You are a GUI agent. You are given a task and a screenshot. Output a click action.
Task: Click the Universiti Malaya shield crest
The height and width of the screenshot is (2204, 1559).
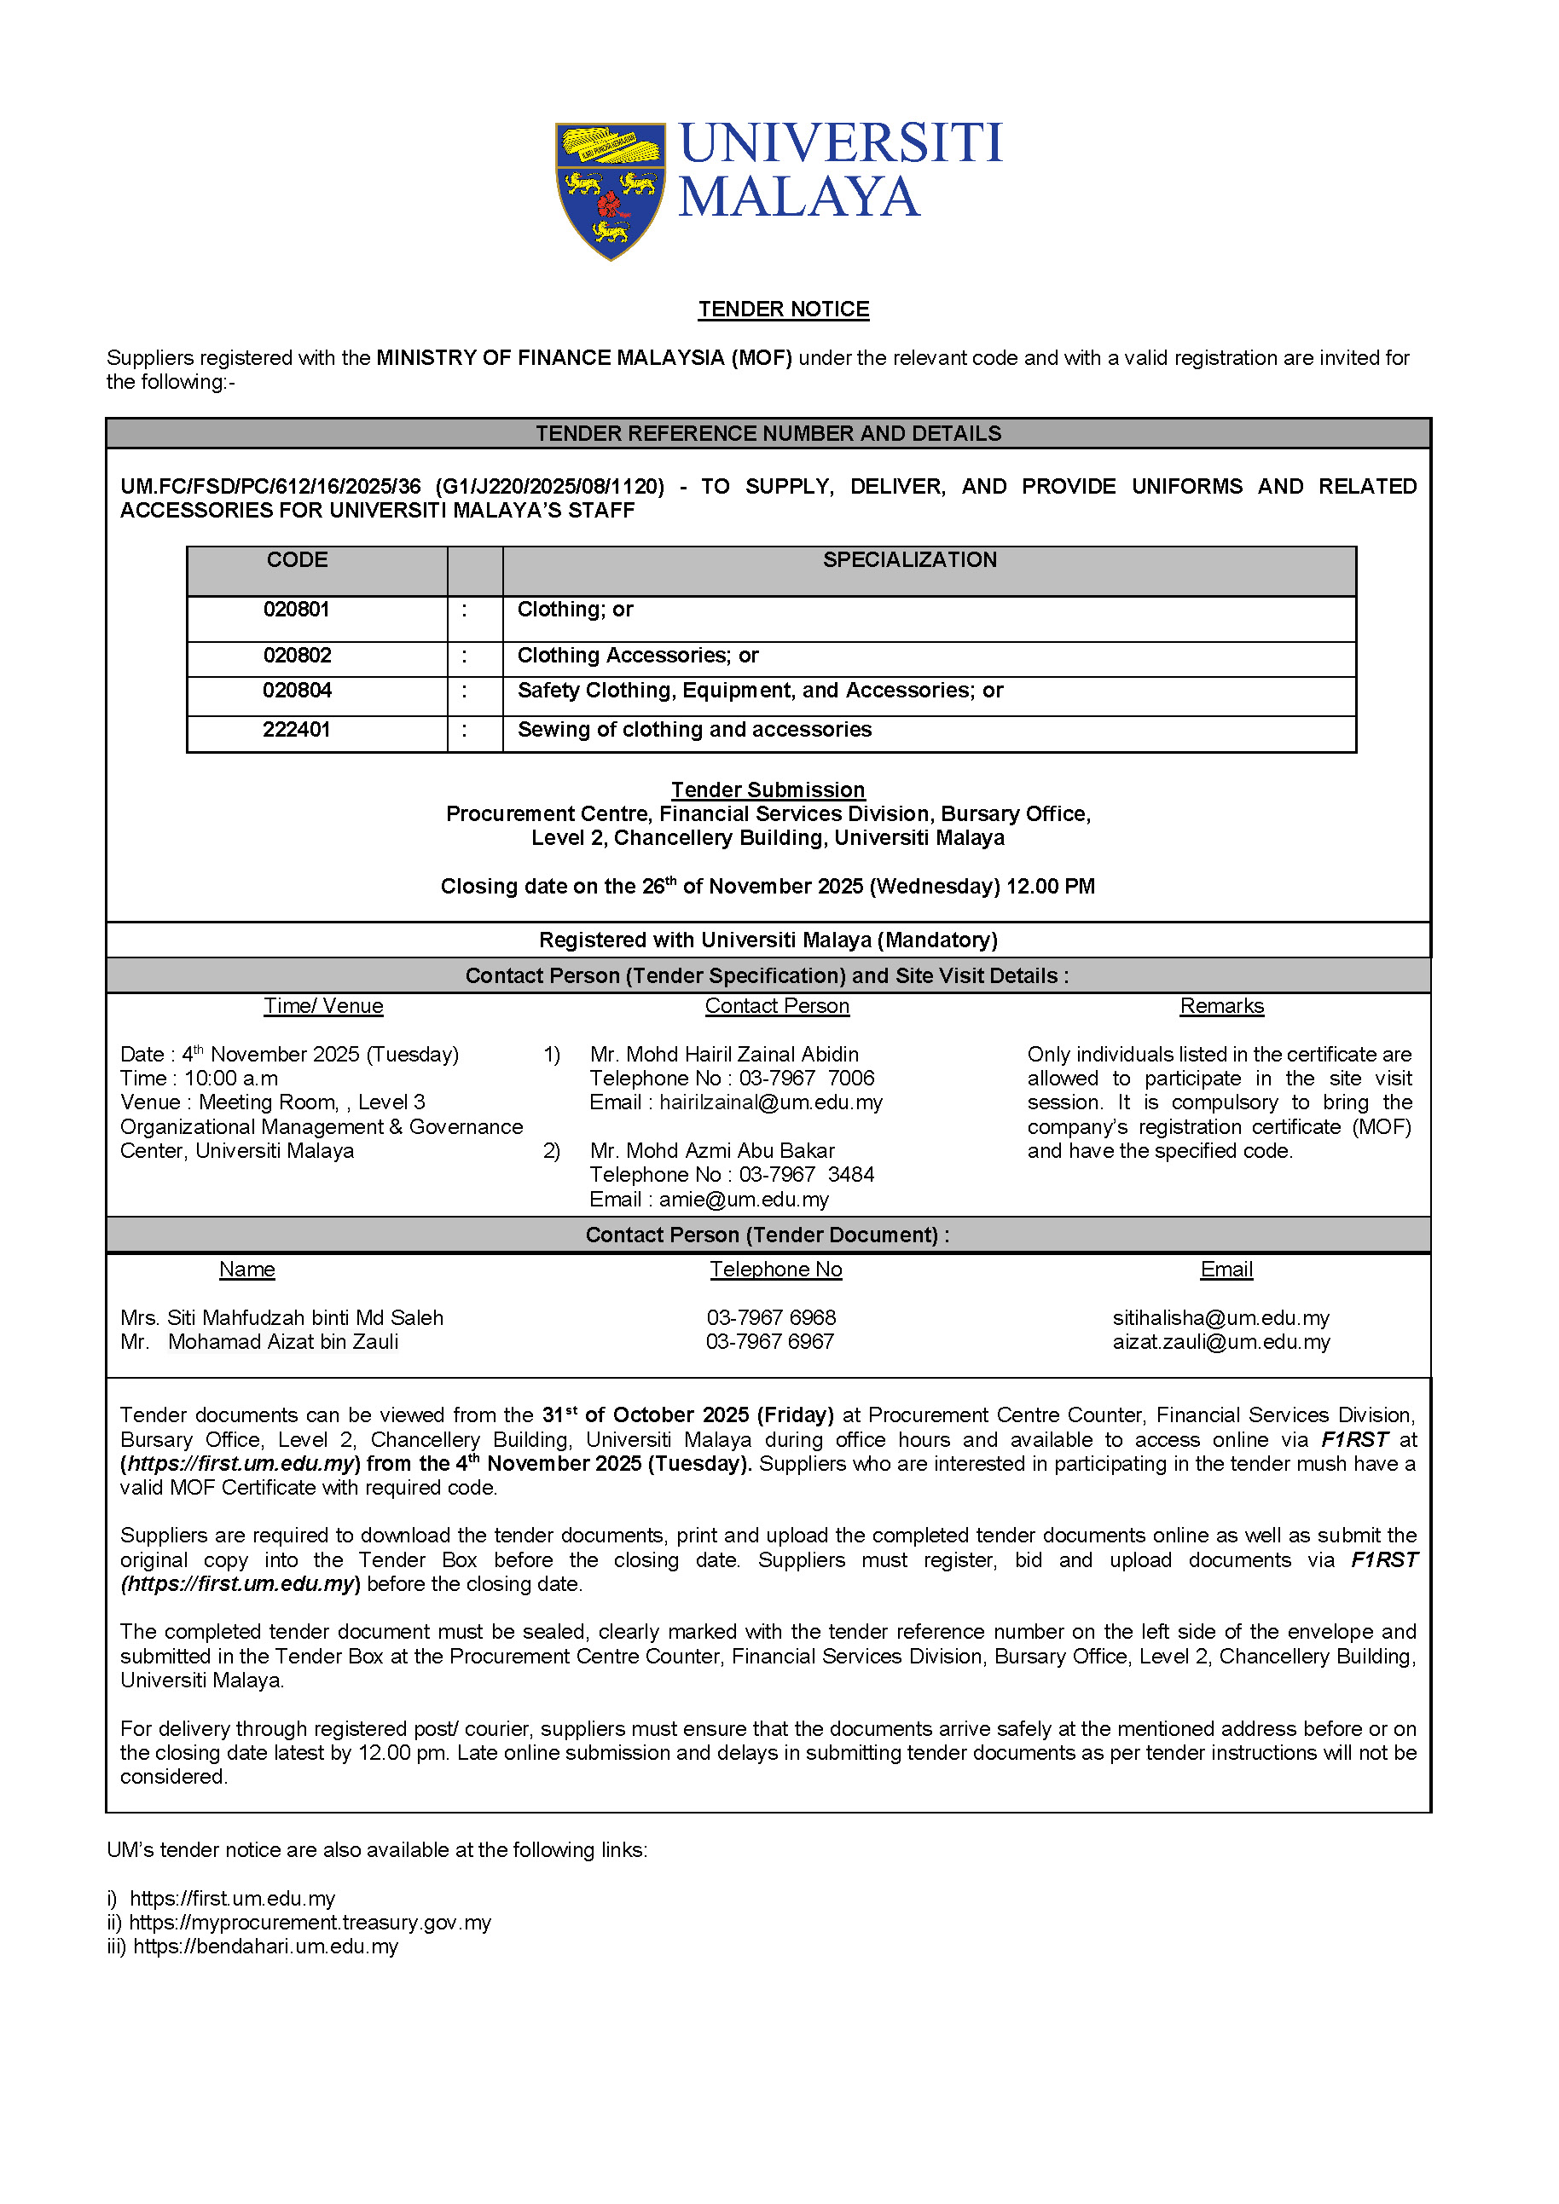tap(610, 190)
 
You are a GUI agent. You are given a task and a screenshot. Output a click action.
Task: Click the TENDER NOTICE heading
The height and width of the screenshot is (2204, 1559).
tap(784, 309)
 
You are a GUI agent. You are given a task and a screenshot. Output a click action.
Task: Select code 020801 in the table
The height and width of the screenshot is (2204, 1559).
tap(297, 610)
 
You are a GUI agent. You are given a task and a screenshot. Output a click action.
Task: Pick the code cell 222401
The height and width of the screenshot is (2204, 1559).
tap(297, 730)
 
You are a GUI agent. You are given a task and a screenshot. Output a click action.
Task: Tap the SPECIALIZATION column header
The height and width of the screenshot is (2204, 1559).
tap(909, 559)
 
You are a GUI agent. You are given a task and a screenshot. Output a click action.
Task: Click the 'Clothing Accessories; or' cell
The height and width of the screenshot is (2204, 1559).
tap(637, 656)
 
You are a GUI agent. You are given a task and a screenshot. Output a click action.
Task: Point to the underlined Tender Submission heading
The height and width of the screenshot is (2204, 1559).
tap(768, 790)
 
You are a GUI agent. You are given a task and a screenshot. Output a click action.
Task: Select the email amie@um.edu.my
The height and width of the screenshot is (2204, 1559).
tap(743, 1199)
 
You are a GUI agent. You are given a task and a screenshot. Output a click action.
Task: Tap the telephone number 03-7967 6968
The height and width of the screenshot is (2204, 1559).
tap(771, 1318)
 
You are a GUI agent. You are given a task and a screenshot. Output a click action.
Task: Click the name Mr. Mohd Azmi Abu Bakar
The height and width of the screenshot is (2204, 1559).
tap(712, 1150)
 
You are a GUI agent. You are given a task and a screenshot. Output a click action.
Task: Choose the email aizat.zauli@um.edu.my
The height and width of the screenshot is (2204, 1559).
tap(1221, 1342)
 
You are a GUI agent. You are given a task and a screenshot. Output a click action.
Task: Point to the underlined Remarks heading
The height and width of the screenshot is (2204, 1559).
tap(1221, 1006)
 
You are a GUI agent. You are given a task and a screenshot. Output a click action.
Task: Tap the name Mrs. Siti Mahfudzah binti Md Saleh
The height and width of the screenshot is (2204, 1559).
tap(281, 1318)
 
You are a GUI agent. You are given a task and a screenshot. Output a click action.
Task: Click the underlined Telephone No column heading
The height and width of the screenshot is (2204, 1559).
tap(775, 1269)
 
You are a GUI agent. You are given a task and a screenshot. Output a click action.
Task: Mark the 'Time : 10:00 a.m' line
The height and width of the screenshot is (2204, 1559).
tap(199, 1078)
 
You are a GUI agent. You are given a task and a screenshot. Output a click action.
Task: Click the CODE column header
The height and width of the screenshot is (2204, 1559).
tap(297, 559)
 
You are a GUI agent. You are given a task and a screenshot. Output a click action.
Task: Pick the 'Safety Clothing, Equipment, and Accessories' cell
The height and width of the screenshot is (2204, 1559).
tap(759, 691)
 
